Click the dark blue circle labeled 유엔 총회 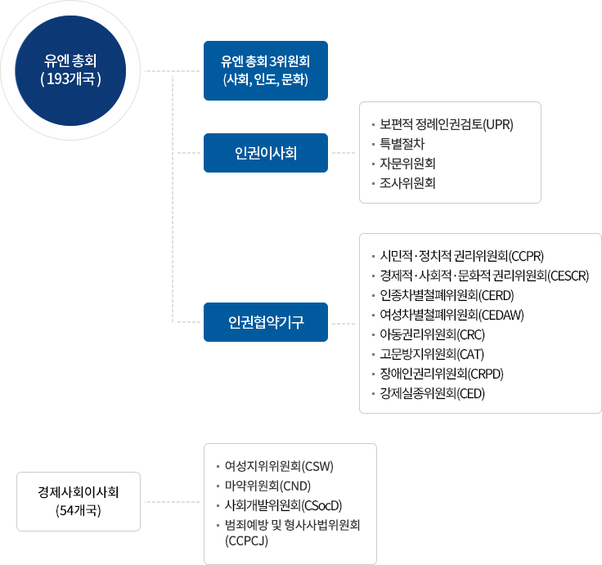click(x=70, y=70)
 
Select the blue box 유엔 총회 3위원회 click(x=266, y=70)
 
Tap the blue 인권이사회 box click(x=266, y=153)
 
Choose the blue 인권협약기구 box click(x=266, y=322)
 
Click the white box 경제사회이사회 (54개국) click(x=79, y=502)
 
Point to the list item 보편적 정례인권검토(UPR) click(x=447, y=124)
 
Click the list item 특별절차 click(x=402, y=144)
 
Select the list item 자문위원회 click(x=407, y=164)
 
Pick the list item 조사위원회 click(x=407, y=183)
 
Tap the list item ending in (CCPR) click(x=462, y=256)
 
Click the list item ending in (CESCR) click(x=484, y=276)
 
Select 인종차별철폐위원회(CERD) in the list click(x=447, y=295)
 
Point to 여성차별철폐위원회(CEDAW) click(x=451, y=315)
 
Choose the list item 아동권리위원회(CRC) click(x=433, y=334)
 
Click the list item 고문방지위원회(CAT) click(x=432, y=354)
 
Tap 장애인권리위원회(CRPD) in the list click(x=442, y=374)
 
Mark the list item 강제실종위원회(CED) click(x=433, y=393)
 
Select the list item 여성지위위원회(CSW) click(x=279, y=466)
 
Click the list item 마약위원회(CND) click(x=267, y=486)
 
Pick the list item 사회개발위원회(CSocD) click(x=283, y=505)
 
